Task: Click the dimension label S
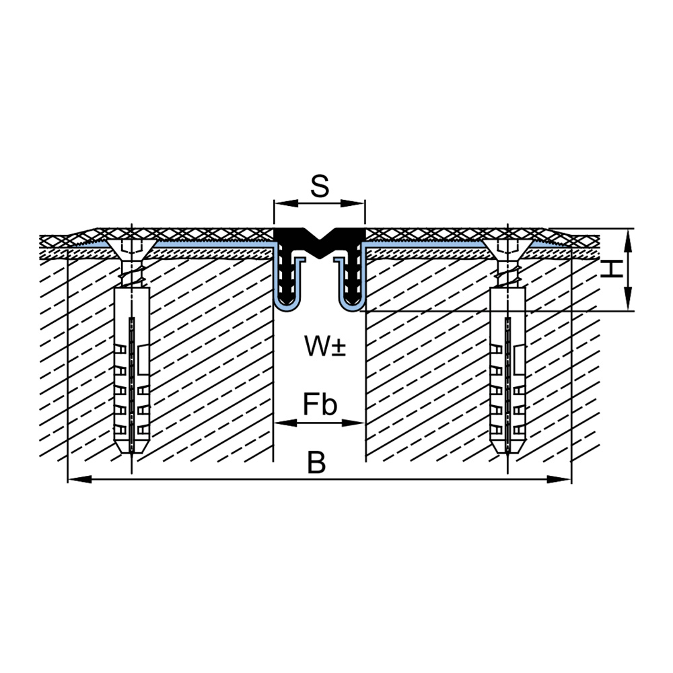[320, 186]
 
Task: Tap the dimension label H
[611, 269]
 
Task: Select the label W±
[325, 346]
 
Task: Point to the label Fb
[320, 404]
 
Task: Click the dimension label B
[317, 463]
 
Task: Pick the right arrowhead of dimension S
[353, 203]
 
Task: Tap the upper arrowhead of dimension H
[628, 240]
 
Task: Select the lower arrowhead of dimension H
[628, 298]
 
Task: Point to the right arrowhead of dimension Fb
[353, 423]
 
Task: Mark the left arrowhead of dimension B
[80, 479]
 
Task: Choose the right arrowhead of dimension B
[559, 479]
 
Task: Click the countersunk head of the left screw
[132, 249]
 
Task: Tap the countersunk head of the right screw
[507, 249]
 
